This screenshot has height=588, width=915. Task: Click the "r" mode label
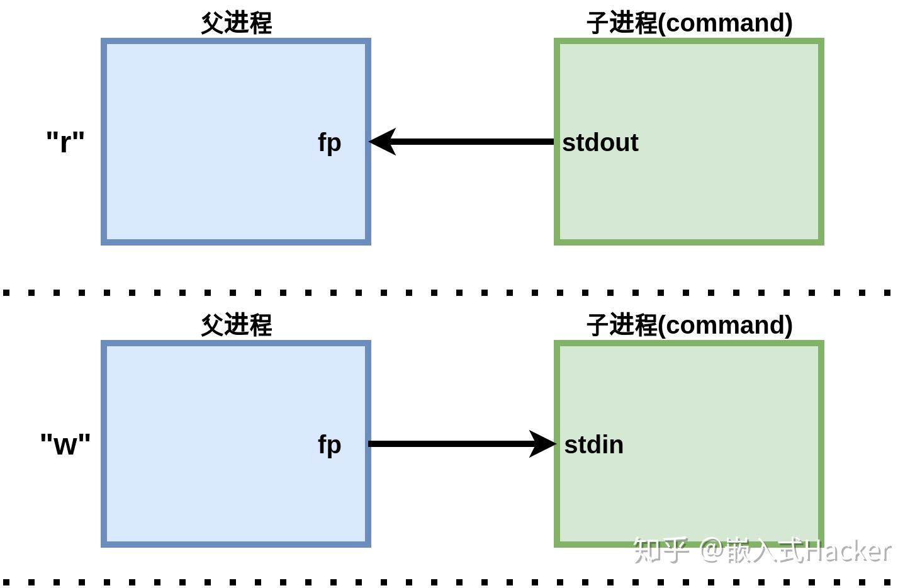tap(65, 142)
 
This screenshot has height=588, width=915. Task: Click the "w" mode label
tap(65, 444)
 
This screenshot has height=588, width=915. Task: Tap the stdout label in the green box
tap(600, 142)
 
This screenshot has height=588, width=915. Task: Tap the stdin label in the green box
tap(593, 444)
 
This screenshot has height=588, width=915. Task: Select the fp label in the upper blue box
tap(329, 142)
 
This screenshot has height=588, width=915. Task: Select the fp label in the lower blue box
tap(329, 444)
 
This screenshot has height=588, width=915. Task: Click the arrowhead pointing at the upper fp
tap(383, 142)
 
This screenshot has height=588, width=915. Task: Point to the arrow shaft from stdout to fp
tap(472, 142)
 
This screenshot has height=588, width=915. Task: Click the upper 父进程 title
tap(236, 23)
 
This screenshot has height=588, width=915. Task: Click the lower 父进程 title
tap(236, 325)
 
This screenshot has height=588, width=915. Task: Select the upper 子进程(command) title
tap(689, 23)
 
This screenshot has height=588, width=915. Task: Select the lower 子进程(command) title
tap(689, 325)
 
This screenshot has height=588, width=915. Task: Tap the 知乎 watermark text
tap(660, 550)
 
